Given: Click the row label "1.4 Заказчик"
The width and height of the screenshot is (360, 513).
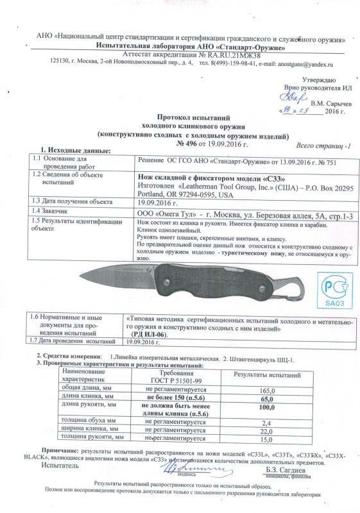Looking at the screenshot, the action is (x=56, y=210).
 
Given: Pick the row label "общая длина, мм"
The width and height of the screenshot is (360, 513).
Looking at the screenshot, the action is (x=84, y=389).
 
